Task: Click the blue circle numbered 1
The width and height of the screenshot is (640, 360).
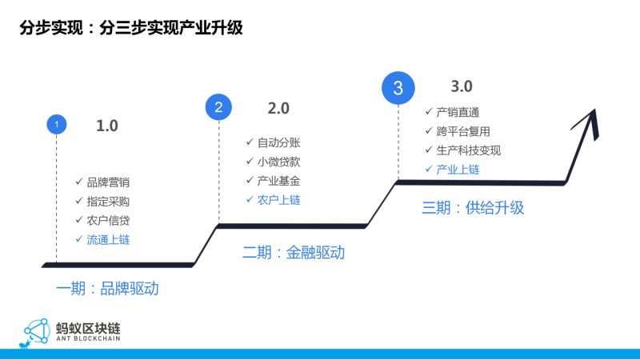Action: (x=57, y=125)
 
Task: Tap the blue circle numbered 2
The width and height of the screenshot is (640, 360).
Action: (x=218, y=107)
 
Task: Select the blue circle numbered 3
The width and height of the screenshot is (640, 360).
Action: (x=398, y=88)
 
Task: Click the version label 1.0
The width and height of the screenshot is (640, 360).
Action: (x=107, y=126)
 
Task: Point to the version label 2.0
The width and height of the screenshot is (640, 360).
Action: (x=278, y=109)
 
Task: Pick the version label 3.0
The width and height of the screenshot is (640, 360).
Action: (x=462, y=86)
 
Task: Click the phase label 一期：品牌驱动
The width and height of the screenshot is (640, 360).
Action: (x=107, y=289)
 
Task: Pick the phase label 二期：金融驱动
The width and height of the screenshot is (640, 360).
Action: (x=294, y=252)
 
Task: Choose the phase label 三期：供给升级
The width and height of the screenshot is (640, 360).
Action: (x=473, y=208)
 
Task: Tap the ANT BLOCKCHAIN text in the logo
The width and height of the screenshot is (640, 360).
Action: (x=88, y=338)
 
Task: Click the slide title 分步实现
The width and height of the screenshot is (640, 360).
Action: (x=51, y=28)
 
